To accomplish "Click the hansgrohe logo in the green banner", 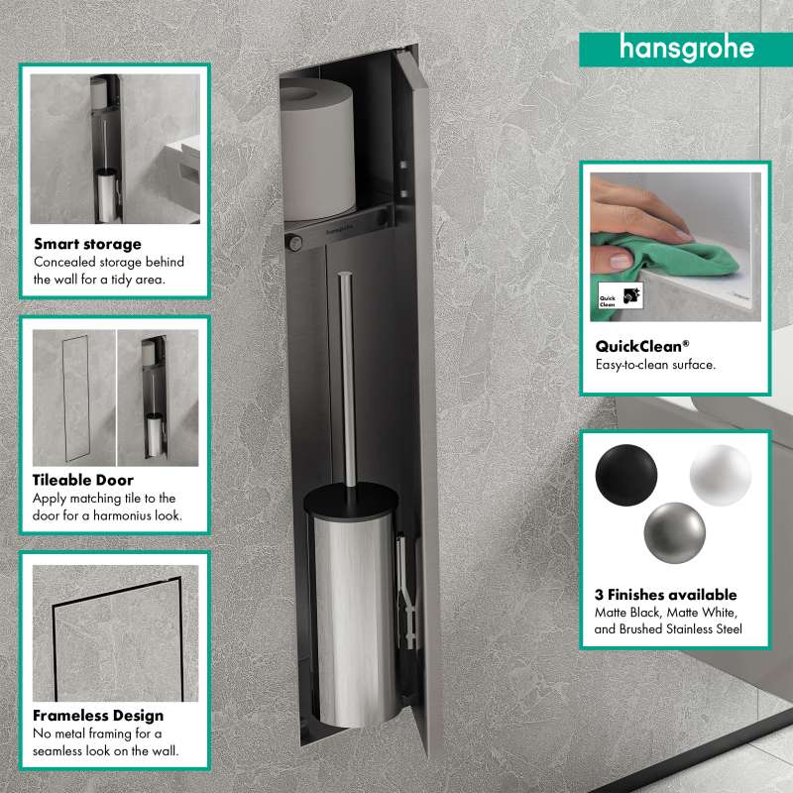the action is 687,49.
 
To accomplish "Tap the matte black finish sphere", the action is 626,475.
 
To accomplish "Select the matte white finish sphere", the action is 721,475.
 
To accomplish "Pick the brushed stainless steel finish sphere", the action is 675,532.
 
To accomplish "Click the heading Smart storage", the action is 87,244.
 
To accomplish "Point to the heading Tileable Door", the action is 83,480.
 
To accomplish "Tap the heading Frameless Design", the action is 98,716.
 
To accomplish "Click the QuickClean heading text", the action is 641,346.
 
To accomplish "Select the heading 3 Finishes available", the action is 665,595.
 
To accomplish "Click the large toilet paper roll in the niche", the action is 317,150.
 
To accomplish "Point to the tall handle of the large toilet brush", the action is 347,380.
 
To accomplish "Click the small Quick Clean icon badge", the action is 621,296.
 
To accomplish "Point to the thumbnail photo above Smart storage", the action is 115,150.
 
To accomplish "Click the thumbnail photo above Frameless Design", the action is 115,633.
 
